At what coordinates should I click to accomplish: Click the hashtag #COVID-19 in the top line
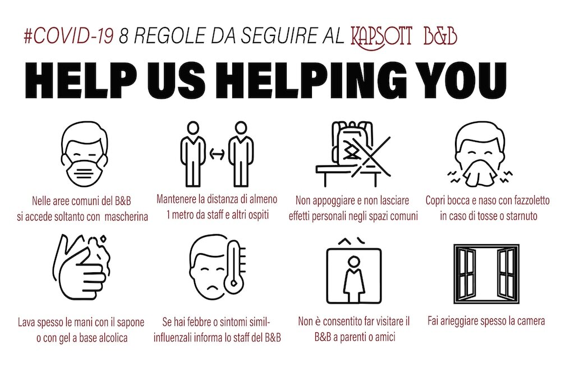pos(68,36)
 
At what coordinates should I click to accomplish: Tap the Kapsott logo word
pos(381,37)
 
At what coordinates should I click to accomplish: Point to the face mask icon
pos(85,154)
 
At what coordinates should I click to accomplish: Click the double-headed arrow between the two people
pos(217,154)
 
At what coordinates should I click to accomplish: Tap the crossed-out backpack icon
pos(353,154)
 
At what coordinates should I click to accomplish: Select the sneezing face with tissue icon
pos(480,154)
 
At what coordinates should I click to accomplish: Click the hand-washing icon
pos(81,267)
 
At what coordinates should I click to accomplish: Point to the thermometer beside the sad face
pos(234,265)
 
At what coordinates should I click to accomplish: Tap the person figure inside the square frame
pos(354,278)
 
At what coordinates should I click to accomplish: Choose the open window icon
pos(486,274)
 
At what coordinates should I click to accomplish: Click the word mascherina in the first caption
pos(126,217)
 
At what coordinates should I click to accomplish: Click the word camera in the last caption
pos(531,321)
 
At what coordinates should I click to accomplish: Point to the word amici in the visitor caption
pos(384,337)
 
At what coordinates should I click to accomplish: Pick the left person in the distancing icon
pos(193,154)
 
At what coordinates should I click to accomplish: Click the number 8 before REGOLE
pos(124,36)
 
